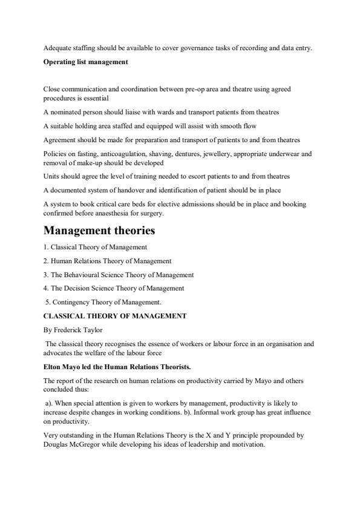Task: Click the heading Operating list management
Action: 85,62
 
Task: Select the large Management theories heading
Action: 99,231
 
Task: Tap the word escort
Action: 209,176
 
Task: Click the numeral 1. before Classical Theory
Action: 46,247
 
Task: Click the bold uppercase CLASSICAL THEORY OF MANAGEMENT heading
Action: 115,315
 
